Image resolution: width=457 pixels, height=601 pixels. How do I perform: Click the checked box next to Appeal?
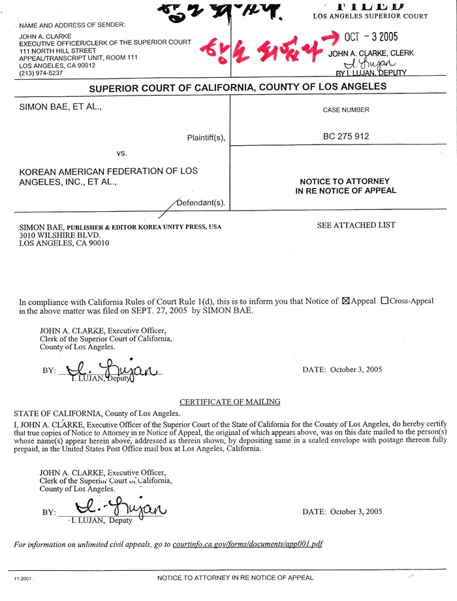point(347,301)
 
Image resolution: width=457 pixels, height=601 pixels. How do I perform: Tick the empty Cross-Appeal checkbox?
point(384,301)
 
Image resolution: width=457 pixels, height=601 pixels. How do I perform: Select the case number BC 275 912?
point(346,137)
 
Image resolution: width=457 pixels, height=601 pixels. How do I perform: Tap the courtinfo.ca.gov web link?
point(248,543)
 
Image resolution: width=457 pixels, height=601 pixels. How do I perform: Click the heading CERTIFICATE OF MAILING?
point(230,402)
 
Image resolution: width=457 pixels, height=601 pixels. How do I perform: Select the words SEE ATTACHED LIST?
point(356,225)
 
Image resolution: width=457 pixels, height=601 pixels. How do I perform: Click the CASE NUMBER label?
point(346,111)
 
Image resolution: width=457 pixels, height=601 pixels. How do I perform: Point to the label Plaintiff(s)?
point(206,137)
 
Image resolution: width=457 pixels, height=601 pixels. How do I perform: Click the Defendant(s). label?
point(201,203)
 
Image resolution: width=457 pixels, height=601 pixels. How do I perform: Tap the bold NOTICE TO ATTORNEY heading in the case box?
point(345,181)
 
